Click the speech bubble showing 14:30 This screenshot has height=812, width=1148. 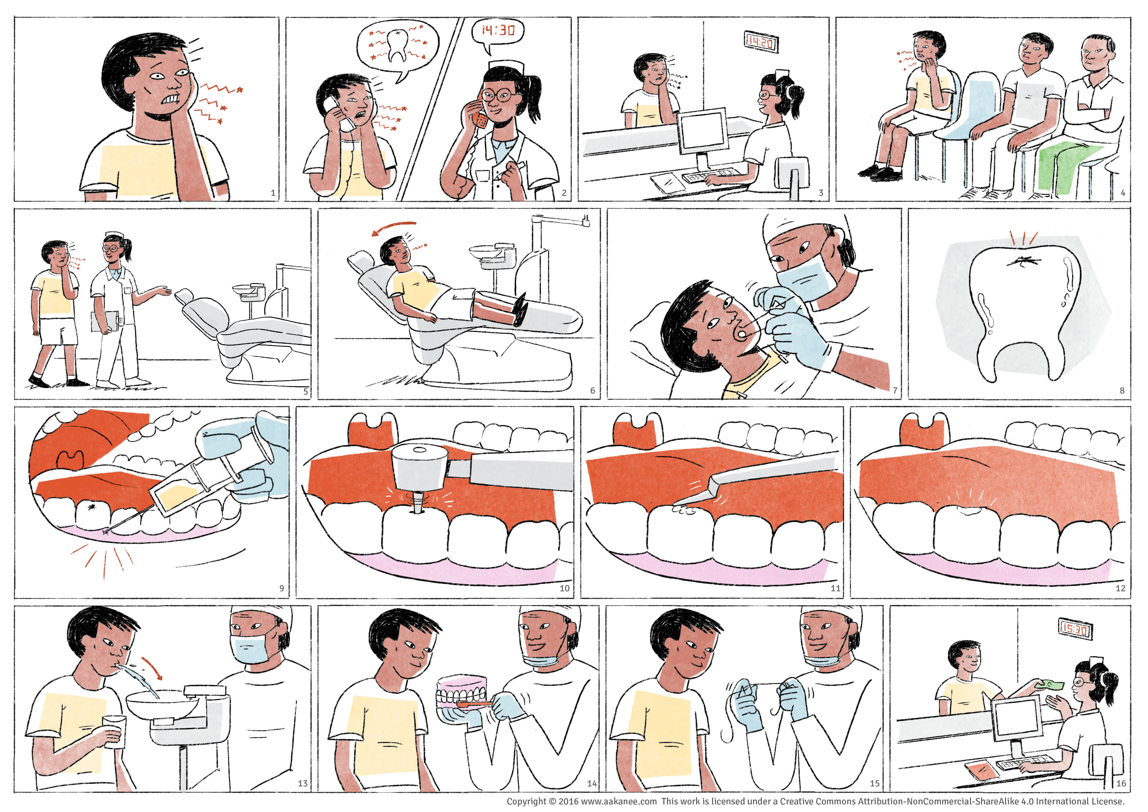coord(497,32)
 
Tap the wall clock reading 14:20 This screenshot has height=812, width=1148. coord(761,42)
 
